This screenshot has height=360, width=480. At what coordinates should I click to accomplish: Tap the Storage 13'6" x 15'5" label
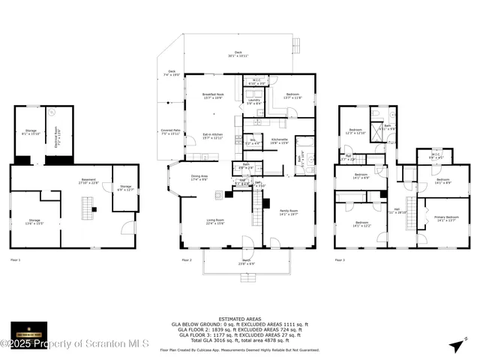pos(35,221)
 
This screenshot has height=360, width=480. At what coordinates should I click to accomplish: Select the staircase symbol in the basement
pos(86,204)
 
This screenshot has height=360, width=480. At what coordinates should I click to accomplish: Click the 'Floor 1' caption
pos(15,259)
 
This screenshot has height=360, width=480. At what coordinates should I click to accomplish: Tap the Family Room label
pos(288,212)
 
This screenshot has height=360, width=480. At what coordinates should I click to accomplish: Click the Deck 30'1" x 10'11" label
pos(238,54)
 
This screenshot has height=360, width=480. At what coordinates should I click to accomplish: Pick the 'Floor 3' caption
pos(340,259)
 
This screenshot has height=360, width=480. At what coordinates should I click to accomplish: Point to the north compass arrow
pos(455,344)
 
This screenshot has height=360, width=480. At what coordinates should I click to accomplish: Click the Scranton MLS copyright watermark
pos(75,343)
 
